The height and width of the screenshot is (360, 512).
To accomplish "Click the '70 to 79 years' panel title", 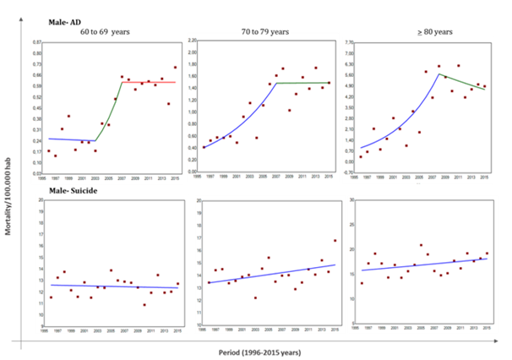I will point(263,32).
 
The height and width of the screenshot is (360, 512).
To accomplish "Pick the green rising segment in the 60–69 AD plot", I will point(109,114).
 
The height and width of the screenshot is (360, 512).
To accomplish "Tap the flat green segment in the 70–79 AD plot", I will point(304,83).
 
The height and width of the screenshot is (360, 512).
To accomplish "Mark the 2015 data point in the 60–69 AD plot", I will point(176,68).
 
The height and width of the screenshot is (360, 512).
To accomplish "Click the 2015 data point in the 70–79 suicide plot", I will point(334,241).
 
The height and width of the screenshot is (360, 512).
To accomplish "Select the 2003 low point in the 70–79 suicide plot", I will point(255,297).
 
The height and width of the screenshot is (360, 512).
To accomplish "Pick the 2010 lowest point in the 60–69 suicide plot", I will point(144,305).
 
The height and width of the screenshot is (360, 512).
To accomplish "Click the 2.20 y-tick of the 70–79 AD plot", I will point(193,41).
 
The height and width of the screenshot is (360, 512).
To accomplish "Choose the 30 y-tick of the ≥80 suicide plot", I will point(351,200).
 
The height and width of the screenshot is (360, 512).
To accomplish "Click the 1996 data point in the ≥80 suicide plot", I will point(362,283).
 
